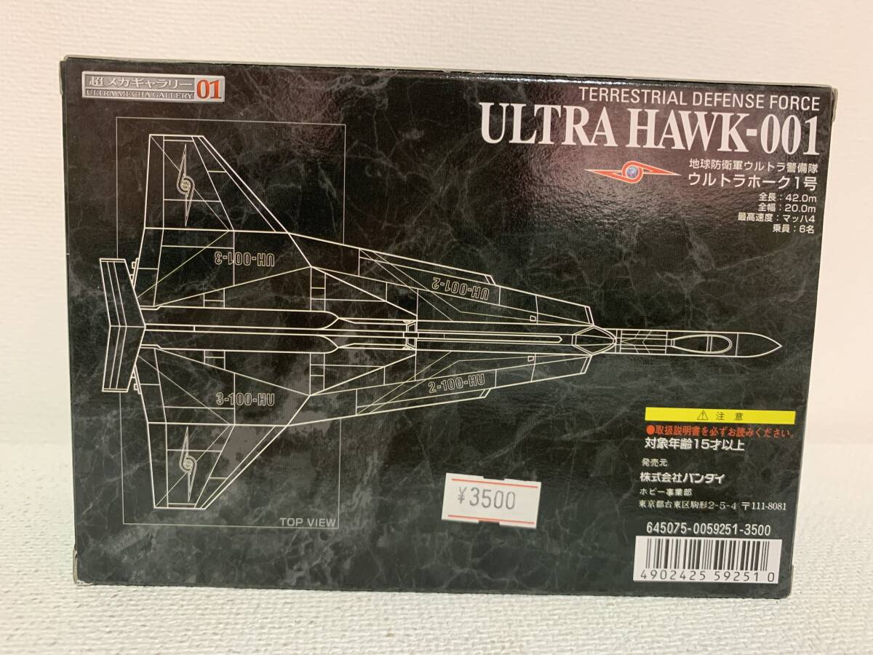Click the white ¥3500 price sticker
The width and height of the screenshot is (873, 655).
(493, 501)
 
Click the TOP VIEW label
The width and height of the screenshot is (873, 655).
(306, 521)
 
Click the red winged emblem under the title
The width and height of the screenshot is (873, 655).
(632, 172)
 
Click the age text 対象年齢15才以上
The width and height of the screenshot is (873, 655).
(694, 444)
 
